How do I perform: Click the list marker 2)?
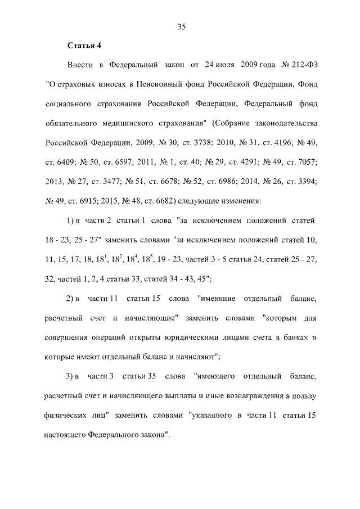click(x=71, y=297)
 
